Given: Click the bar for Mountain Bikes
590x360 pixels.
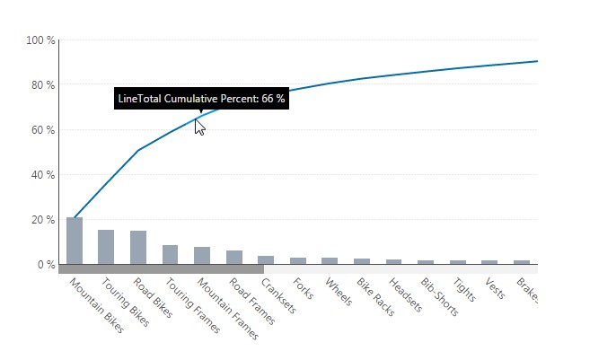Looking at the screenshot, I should [75, 241].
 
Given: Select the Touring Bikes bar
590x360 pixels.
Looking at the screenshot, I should [106, 247].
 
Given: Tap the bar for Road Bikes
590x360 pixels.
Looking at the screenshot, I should [138, 247].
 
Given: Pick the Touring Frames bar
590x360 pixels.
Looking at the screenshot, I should [170, 254].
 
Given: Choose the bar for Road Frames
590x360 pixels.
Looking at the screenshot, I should [234, 257].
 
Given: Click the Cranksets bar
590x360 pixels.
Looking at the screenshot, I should [266, 259].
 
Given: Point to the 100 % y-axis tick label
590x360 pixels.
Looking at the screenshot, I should [41, 40].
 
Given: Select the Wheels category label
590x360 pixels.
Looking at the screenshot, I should [339, 293].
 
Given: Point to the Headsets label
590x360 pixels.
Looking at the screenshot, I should [404, 294].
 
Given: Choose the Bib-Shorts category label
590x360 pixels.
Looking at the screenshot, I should [438, 297].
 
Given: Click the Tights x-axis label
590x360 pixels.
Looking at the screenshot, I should [464, 291].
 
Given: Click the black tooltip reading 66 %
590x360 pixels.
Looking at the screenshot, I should [201, 99].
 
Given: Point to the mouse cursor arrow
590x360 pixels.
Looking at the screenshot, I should [199, 127].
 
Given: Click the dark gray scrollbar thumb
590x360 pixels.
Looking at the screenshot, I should [162, 268].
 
